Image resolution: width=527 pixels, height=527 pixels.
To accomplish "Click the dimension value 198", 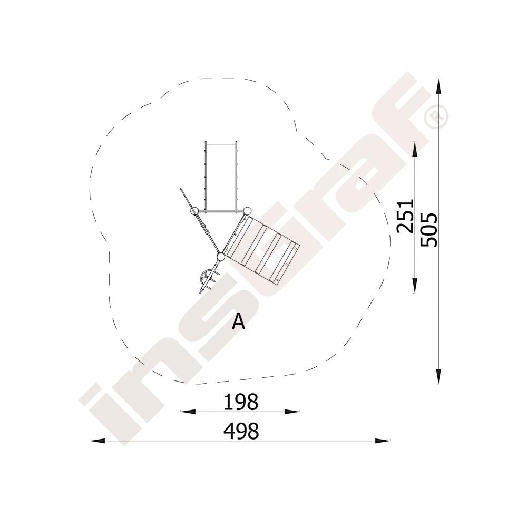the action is (x=241, y=402).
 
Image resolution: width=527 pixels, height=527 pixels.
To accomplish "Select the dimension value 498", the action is (x=241, y=431).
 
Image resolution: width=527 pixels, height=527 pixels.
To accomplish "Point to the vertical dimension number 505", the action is (x=429, y=229).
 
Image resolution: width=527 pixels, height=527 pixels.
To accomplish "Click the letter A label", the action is (x=239, y=321).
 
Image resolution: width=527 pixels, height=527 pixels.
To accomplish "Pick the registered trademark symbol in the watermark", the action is (x=436, y=116).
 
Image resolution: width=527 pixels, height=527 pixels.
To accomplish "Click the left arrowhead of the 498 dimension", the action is (x=97, y=441).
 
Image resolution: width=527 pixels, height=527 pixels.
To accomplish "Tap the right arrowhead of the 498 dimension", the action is (x=383, y=441).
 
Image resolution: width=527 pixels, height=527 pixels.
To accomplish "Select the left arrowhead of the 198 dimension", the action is (x=188, y=411).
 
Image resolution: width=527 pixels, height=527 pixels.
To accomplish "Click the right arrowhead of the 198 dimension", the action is (x=292, y=411).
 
